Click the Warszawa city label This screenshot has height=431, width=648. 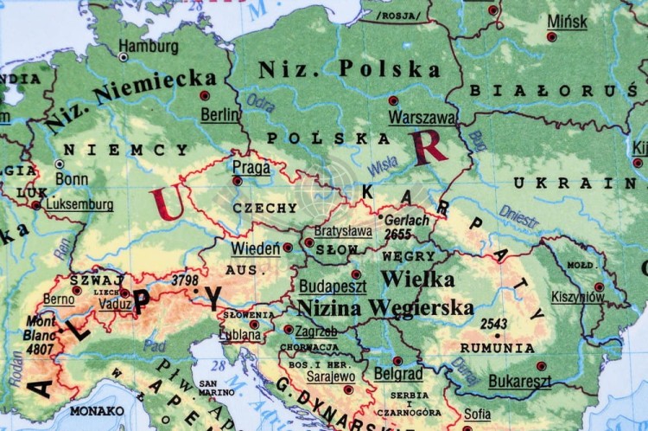[x=422, y=117]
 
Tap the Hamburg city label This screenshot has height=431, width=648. [x=149, y=46]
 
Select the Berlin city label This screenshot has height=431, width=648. [x=220, y=113]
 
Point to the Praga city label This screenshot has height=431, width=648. [x=251, y=166]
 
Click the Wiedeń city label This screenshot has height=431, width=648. [x=255, y=249]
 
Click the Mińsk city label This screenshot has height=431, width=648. [x=567, y=22]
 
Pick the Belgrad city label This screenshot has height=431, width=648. [x=398, y=375]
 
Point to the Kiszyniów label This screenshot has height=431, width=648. [x=579, y=297]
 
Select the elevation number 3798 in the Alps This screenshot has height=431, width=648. [x=185, y=280]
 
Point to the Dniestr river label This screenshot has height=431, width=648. [x=519, y=215]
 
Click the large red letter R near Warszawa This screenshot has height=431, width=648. [x=430, y=148]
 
